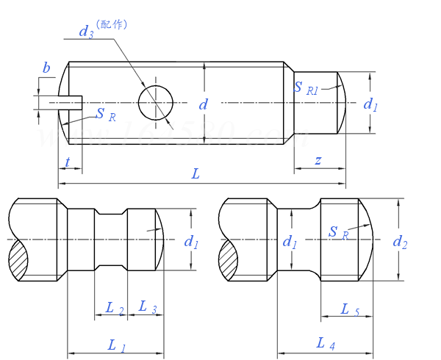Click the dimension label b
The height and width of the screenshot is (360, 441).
pos(46,69)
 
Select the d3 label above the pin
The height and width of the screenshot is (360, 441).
pos(86,31)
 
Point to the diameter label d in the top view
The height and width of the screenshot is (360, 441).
pos(204,104)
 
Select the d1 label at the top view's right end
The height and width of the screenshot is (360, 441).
pos(370,104)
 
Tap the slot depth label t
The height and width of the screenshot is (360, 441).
pos(68,162)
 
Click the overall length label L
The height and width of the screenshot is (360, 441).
pos(196,173)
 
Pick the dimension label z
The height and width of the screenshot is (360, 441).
pos(318,160)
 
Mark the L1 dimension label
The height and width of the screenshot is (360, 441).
pos(117,345)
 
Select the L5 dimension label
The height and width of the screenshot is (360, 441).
pos(351,309)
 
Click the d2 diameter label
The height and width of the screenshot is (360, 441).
pos(400,241)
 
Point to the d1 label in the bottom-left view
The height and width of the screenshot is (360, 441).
pos(191,241)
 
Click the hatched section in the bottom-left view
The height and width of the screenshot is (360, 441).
pos(19,262)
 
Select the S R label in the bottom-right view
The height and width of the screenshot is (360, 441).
pos(338,234)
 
